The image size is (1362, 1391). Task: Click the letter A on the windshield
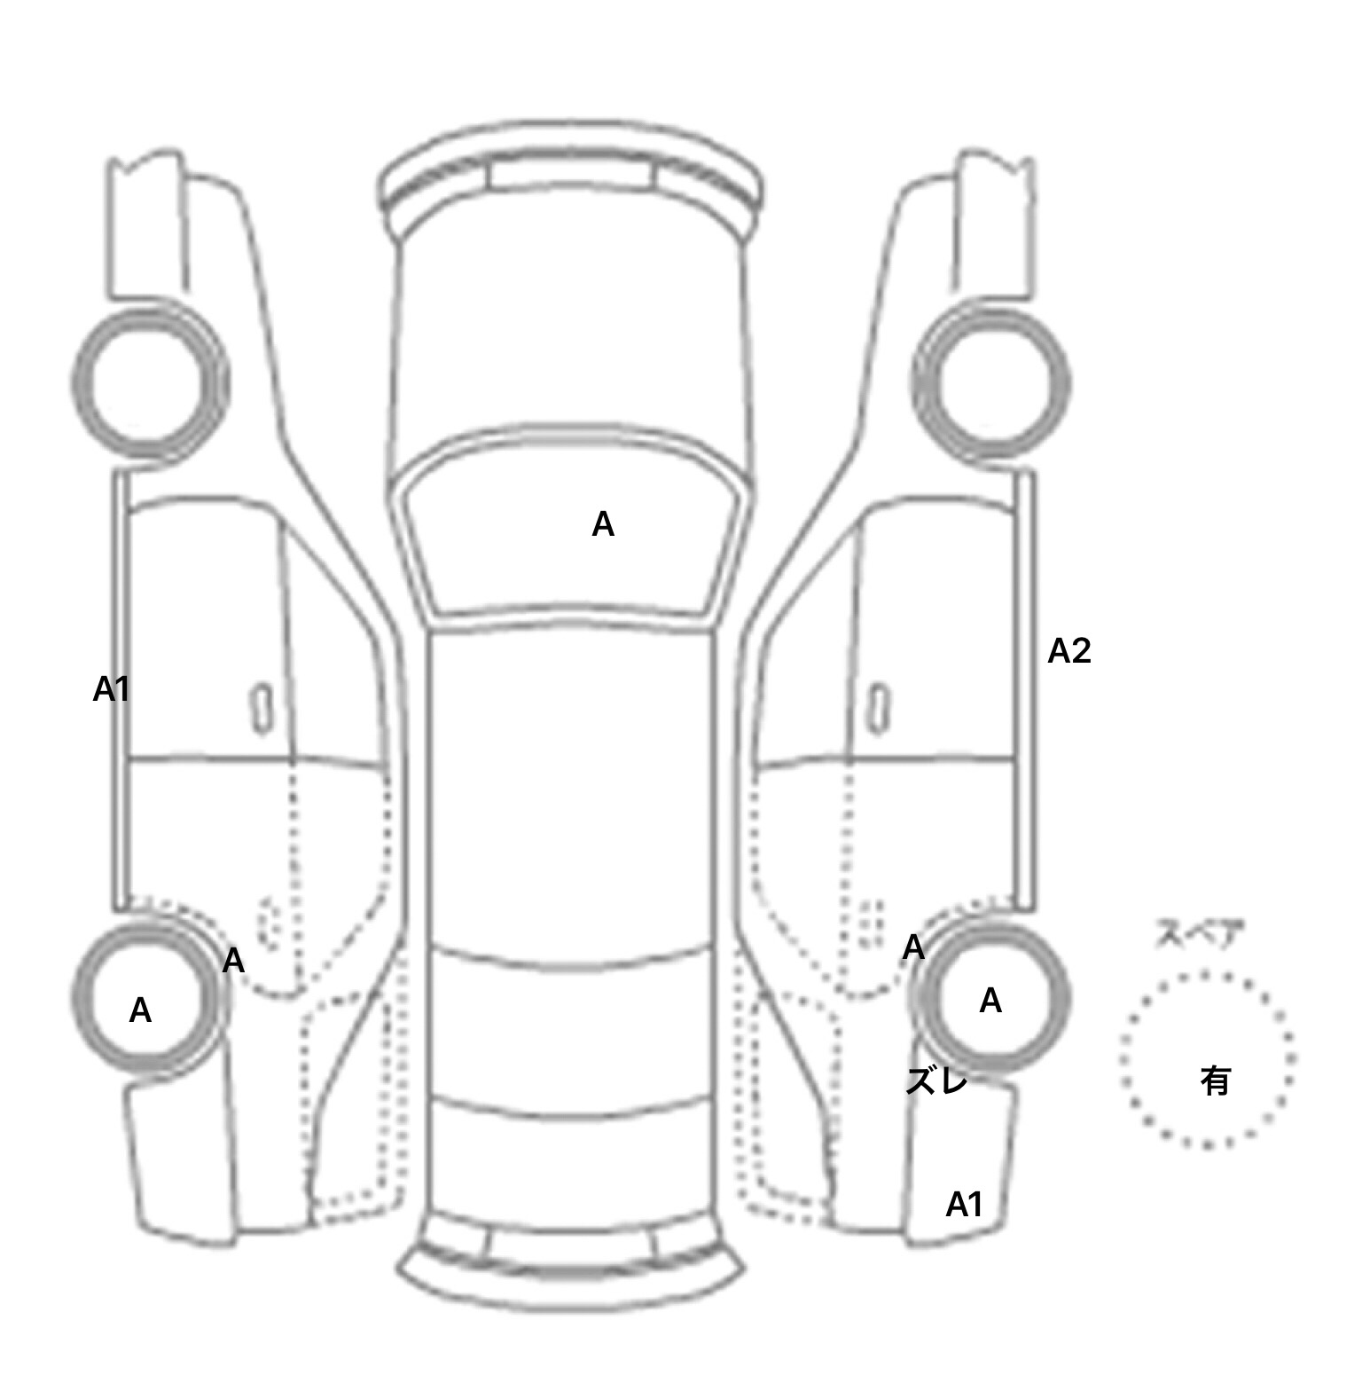coord(603,525)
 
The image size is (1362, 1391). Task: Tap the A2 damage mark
coord(1069,652)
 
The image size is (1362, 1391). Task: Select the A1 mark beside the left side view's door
coord(112,689)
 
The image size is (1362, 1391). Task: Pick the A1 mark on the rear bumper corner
coord(965,1205)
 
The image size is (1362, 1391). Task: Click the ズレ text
coord(936,1081)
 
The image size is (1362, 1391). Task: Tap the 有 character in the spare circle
coord(1216,1081)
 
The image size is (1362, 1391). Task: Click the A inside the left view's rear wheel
coord(140,1010)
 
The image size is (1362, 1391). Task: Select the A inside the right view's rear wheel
coord(990,1002)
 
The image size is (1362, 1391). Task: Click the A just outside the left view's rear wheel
coord(233,961)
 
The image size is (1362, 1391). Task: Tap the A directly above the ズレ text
coord(913,948)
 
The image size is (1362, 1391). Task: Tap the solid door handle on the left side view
coord(262,709)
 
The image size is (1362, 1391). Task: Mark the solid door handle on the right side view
coord(879,709)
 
